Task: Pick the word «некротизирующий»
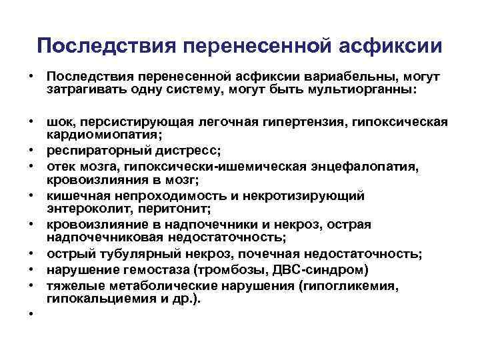pos(307,195)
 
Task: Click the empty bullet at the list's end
pos(31,314)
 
